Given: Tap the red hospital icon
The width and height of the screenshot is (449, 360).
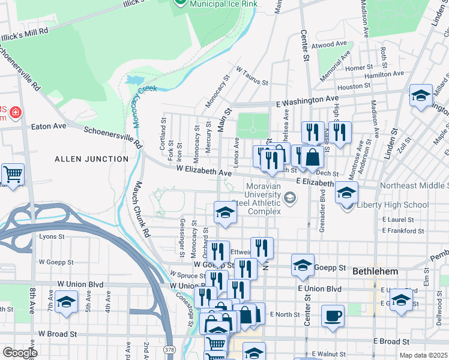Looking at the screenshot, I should (15, 112).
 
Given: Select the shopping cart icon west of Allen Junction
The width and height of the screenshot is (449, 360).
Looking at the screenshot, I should (13, 175).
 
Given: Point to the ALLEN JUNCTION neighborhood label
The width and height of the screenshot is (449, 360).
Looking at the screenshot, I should (91, 159).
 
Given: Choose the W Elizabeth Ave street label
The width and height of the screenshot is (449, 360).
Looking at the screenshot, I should (204, 172).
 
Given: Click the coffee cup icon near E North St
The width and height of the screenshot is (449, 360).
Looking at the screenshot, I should (333, 316).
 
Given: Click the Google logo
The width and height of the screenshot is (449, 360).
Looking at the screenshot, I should (19, 353).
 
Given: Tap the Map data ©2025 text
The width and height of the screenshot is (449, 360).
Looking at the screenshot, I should (423, 355).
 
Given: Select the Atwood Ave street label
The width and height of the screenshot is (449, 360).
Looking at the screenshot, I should (330, 44).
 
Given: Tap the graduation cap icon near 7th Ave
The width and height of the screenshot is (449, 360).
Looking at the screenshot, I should (66, 302).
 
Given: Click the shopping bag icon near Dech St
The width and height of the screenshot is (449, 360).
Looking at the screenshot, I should (313, 158).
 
